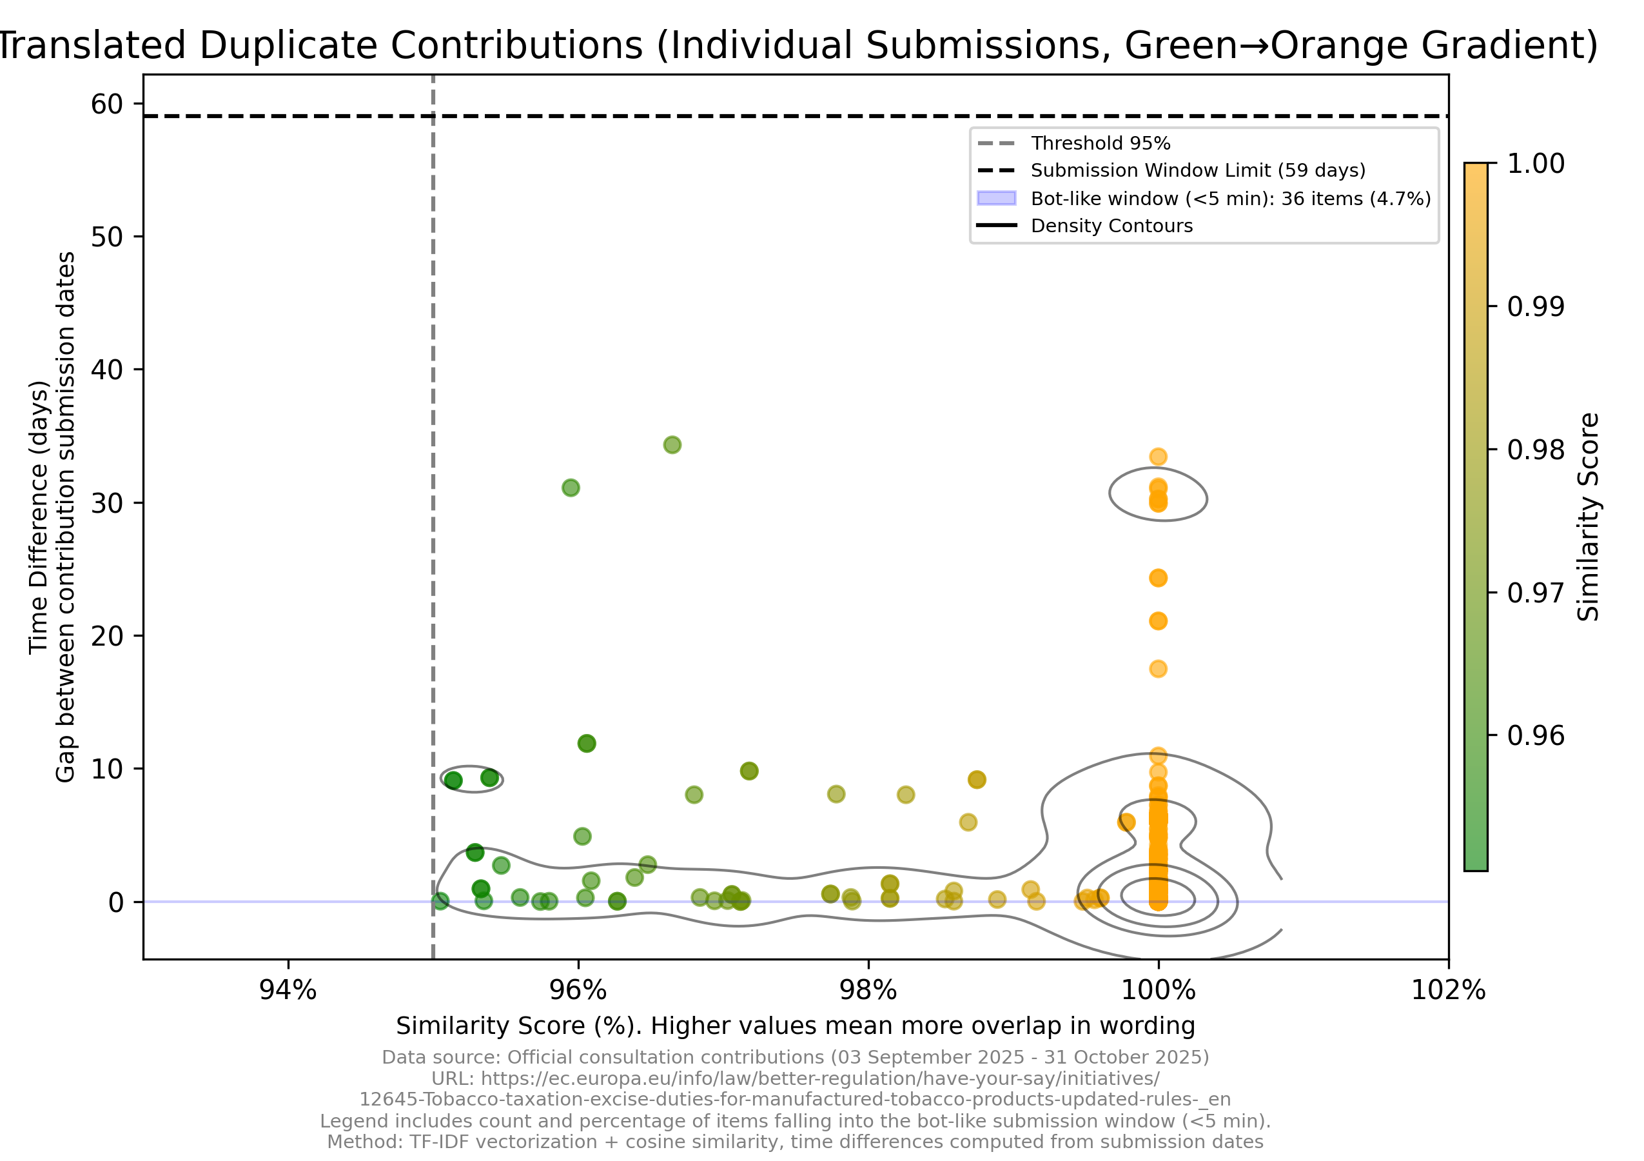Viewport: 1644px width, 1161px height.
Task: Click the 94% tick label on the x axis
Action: [x=288, y=991]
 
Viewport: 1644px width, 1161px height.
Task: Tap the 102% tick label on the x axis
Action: [x=1448, y=991]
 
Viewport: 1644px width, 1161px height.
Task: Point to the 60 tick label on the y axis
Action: [x=106, y=104]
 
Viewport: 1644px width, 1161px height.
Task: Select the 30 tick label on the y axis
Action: [x=106, y=504]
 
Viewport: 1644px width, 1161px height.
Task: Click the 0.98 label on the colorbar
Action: [x=1536, y=450]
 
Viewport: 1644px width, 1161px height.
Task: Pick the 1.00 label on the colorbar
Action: [x=1536, y=163]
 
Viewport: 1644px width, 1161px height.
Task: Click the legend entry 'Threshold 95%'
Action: [x=1100, y=143]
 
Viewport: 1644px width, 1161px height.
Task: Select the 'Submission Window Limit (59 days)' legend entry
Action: [x=1197, y=170]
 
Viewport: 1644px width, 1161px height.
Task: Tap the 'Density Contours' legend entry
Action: [x=1111, y=226]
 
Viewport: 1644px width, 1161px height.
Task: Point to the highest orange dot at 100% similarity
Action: [x=1158, y=456]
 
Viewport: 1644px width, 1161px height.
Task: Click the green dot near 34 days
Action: [x=672, y=445]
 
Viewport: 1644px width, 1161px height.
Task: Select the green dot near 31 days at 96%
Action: [x=570, y=488]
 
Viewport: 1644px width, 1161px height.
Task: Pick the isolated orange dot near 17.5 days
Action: [x=1158, y=669]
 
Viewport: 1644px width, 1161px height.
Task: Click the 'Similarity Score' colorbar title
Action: [x=1588, y=516]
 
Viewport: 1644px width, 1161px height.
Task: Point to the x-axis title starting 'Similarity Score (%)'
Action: [x=795, y=1026]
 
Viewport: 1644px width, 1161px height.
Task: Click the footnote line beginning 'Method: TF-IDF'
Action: [x=795, y=1142]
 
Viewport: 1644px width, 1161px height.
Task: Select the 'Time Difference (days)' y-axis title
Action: [x=39, y=516]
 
